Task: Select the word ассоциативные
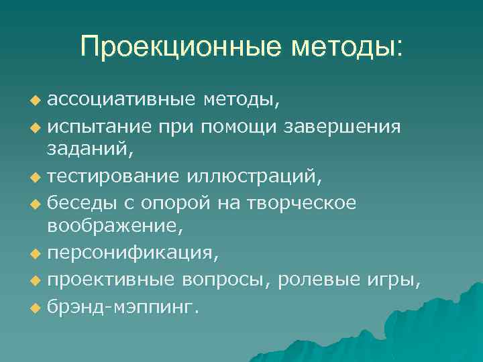pyautogui.click(x=121, y=100)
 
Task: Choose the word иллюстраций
pyautogui.click(x=254, y=177)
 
